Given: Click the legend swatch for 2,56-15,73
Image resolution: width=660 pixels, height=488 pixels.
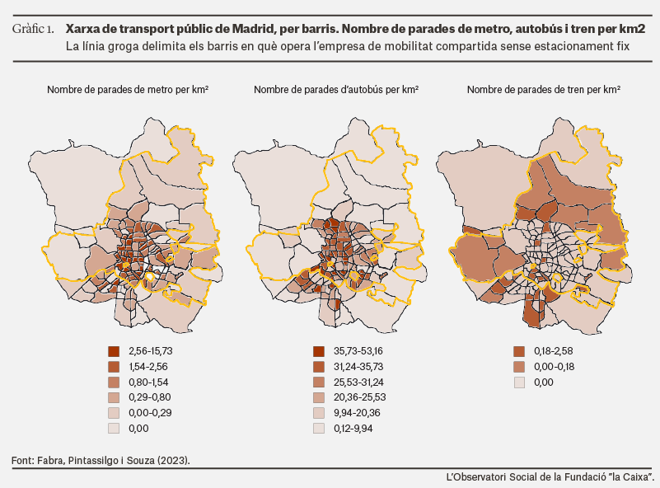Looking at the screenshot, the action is [x=114, y=351].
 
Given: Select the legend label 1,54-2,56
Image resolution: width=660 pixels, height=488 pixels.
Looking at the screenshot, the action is [x=148, y=367].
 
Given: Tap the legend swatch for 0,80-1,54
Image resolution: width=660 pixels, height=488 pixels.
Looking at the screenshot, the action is [x=114, y=382].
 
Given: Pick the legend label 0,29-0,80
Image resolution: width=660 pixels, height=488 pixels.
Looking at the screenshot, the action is [x=150, y=397].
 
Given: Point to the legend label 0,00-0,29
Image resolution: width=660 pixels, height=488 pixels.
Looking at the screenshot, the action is [x=150, y=413].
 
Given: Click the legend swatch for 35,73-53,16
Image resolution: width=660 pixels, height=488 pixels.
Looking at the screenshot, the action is [x=319, y=351].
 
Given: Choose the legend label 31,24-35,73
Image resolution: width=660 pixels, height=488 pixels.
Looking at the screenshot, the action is [x=358, y=367].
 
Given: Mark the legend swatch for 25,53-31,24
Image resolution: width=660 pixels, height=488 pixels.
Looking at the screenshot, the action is [x=319, y=382].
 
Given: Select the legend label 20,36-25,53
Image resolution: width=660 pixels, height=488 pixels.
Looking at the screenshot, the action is [x=360, y=397].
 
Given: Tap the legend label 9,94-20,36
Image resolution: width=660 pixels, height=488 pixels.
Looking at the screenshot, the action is [x=357, y=413].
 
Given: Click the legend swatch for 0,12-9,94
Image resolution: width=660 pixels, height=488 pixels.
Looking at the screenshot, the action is [x=319, y=429].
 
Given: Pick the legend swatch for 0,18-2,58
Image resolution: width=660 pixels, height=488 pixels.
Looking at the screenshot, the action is [x=519, y=351].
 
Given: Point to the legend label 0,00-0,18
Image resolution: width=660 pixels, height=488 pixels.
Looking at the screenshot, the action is [x=555, y=367].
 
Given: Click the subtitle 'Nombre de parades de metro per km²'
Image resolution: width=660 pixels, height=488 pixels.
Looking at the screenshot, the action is [x=128, y=90].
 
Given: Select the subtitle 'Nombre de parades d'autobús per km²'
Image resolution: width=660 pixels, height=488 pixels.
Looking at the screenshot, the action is [x=336, y=90].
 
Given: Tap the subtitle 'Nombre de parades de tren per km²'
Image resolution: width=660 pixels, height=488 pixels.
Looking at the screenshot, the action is [x=544, y=90].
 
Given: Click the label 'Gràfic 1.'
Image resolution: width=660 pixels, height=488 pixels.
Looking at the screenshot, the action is [x=33, y=29].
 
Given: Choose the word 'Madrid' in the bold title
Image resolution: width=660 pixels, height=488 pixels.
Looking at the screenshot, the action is [x=252, y=29].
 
